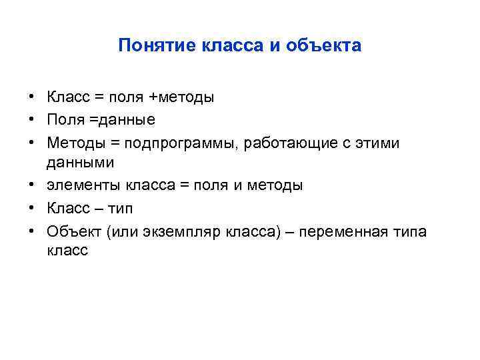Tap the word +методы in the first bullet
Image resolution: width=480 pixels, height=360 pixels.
pyautogui.click(x=181, y=98)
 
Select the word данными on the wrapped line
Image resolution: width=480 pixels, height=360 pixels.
pyautogui.click(x=80, y=162)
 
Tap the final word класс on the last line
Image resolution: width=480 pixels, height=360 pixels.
pyautogui.click(x=67, y=251)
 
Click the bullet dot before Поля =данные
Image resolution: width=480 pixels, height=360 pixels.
pyautogui.click(x=32, y=120)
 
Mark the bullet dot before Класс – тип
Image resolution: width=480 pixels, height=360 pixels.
pyautogui.click(x=32, y=209)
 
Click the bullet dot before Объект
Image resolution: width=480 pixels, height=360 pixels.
pyautogui.click(x=32, y=231)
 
